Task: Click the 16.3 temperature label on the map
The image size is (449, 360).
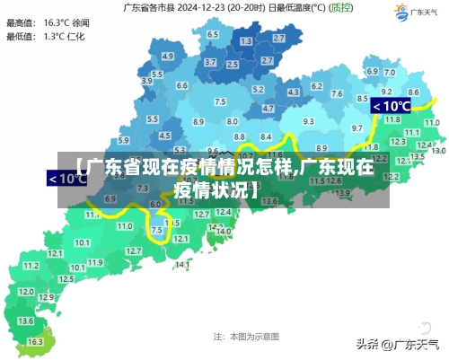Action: (x=34, y=342)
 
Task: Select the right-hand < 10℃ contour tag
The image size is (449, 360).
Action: (x=392, y=106)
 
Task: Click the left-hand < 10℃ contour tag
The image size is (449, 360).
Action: (x=67, y=178)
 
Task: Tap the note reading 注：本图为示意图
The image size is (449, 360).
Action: (x=246, y=336)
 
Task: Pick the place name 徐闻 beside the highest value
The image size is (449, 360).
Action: (x=80, y=21)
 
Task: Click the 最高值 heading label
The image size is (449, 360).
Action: (x=19, y=21)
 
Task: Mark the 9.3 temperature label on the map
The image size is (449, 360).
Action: (x=308, y=121)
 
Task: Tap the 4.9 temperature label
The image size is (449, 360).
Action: (x=167, y=56)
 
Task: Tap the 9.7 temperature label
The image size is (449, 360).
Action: (x=357, y=128)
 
